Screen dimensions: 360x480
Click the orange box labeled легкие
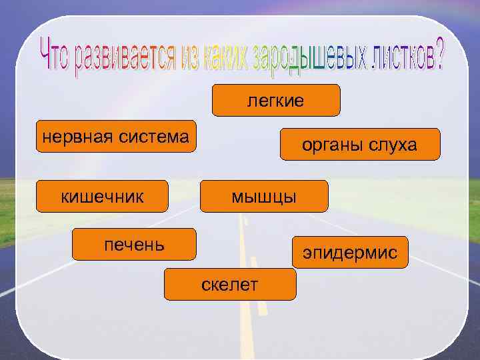click(x=276, y=101)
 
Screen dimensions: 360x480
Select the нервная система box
click(x=116, y=137)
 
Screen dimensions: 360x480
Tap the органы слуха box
click(x=360, y=145)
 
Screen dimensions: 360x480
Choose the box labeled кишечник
click(x=103, y=197)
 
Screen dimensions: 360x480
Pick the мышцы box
click(x=264, y=197)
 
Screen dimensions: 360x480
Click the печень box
click(x=134, y=244)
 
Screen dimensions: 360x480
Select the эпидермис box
click(x=350, y=253)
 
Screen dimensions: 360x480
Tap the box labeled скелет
click(x=230, y=285)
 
